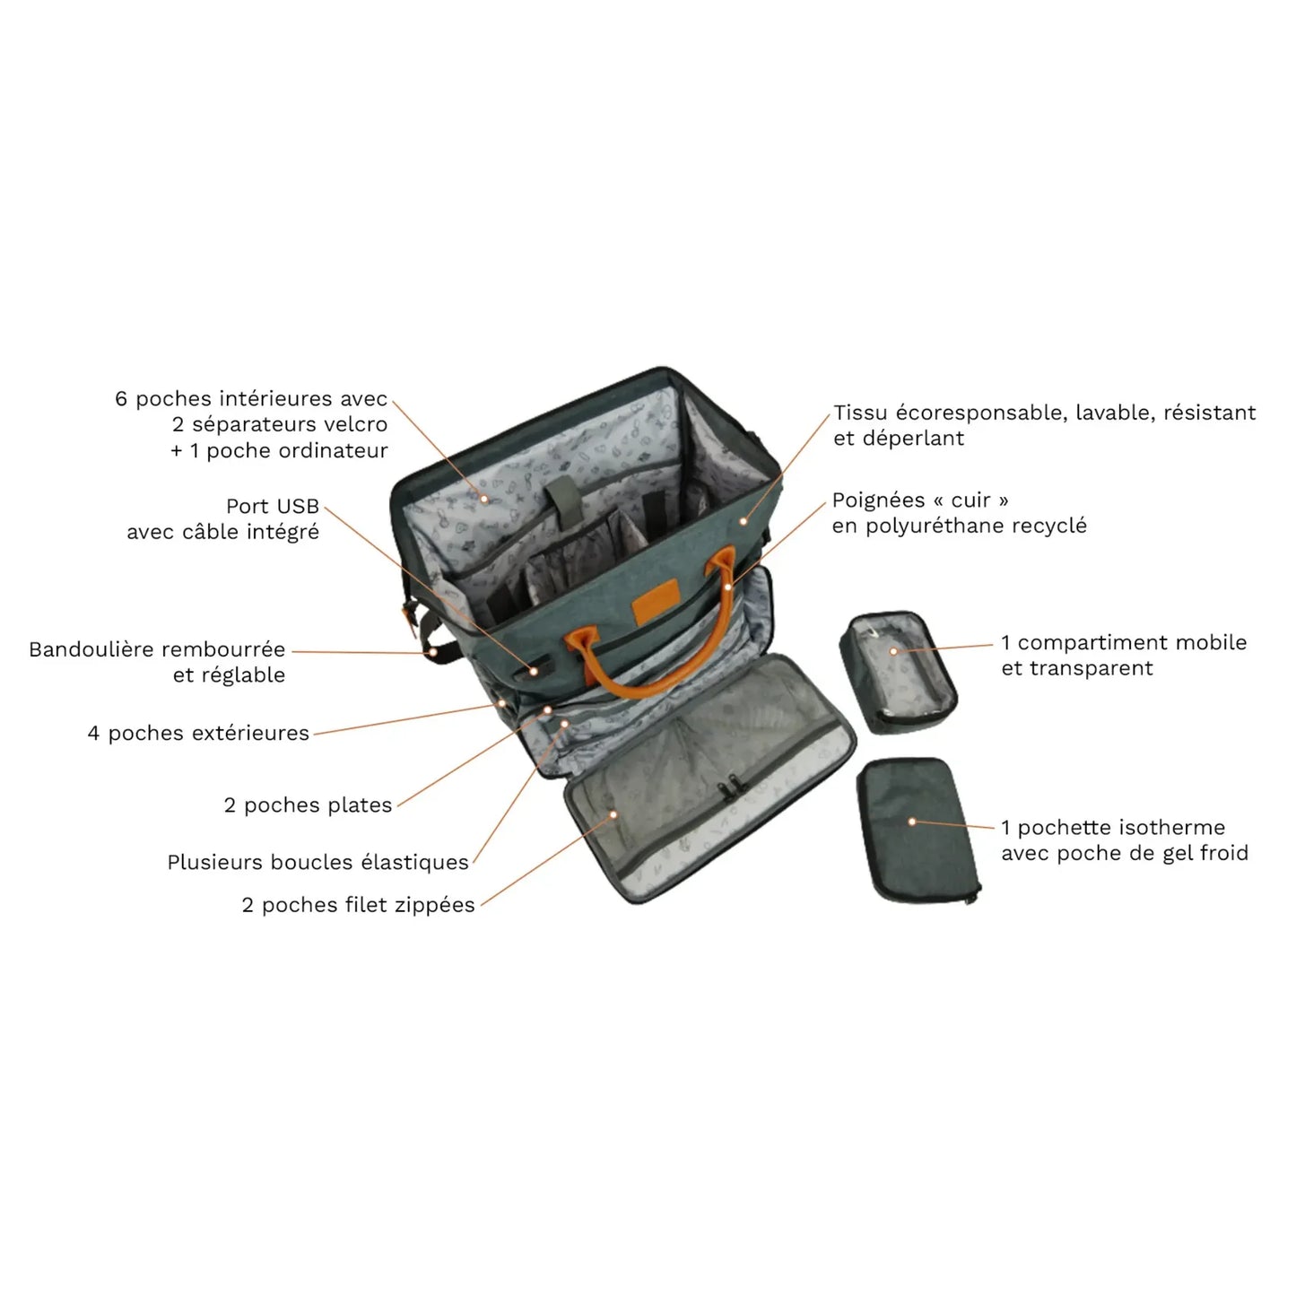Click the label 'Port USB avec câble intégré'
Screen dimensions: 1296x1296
pos(222,519)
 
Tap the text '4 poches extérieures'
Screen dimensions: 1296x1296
pos(198,733)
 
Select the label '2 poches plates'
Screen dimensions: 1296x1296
pos(308,805)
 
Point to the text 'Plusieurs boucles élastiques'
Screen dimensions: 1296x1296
pos(318,862)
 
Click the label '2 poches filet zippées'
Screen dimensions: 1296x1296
pos(359,905)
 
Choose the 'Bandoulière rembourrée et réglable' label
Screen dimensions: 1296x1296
pos(157,662)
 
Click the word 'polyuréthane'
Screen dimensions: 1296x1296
pos(935,526)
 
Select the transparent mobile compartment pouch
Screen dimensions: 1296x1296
pos(898,671)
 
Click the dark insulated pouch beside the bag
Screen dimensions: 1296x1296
pos(918,831)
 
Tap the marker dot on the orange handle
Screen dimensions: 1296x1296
pos(727,587)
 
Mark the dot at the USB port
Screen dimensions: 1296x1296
pos(533,671)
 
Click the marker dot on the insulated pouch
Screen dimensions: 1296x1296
pos(912,822)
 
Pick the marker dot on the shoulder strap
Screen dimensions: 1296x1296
pos(434,652)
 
